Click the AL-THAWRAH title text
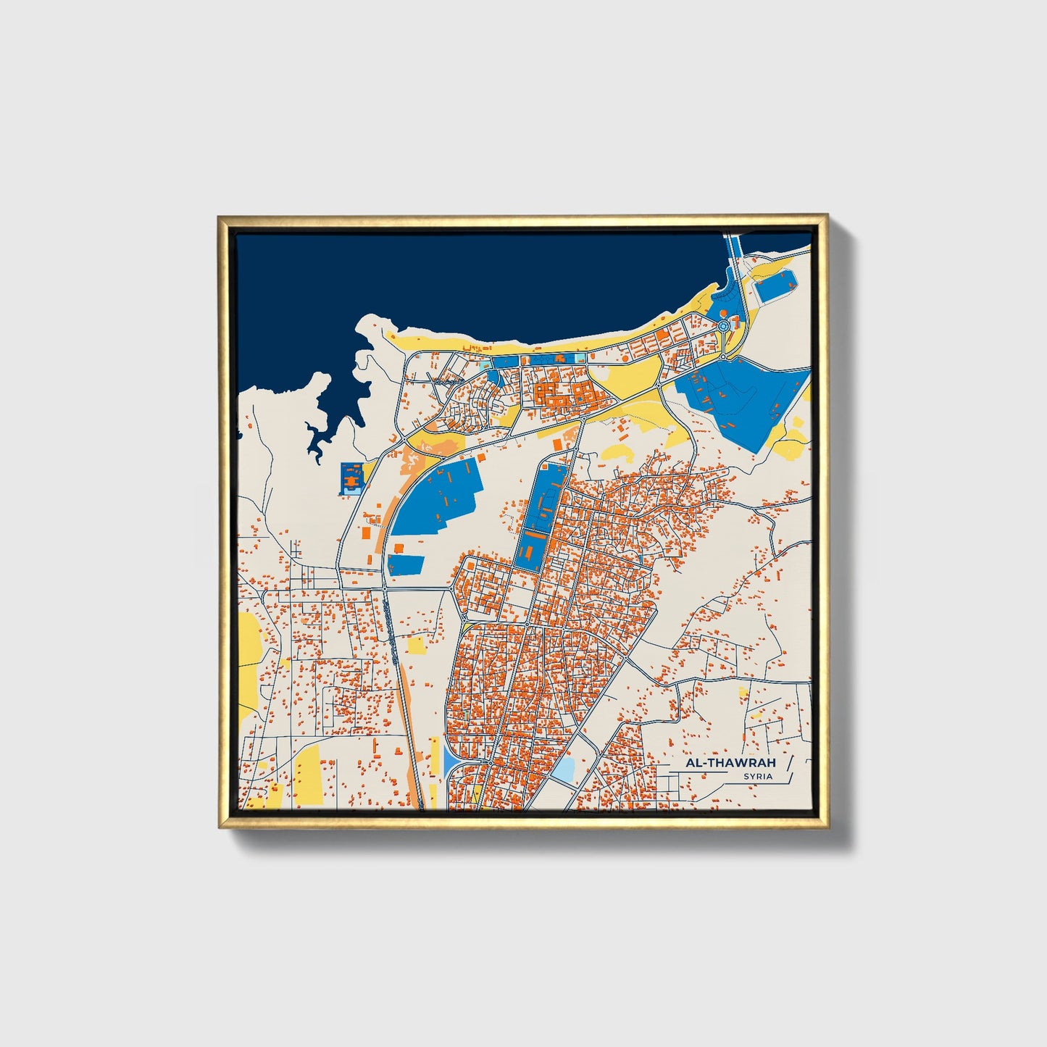point(730,763)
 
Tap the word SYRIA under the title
point(757,777)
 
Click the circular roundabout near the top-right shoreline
point(724,328)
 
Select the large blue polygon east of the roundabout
point(746,399)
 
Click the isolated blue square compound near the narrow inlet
point(352,479)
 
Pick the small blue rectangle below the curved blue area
point(405,564)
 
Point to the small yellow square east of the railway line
point(417,644)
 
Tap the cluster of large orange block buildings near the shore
point(562,395)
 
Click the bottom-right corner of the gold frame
point(826,826)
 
